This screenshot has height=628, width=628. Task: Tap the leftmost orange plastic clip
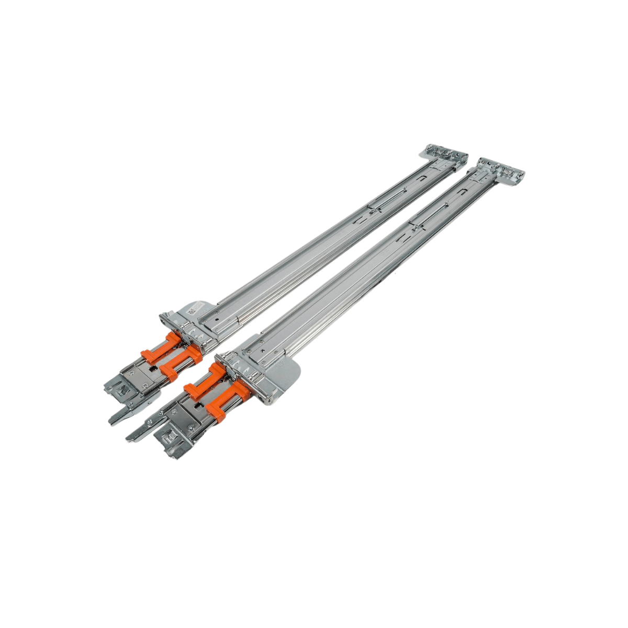point(159,349)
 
